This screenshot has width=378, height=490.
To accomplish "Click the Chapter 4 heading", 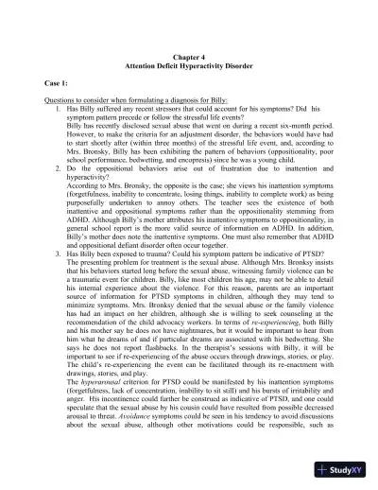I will tap(188, 59).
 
